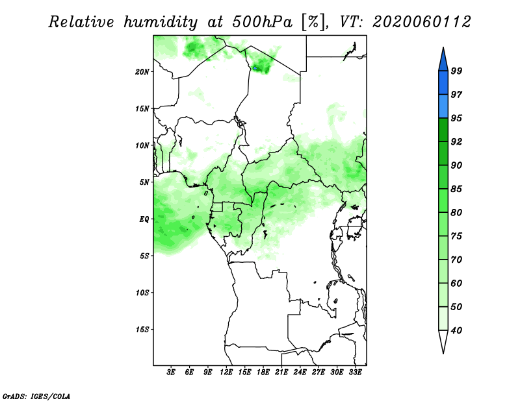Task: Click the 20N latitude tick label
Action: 142,72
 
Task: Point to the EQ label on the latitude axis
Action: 144,219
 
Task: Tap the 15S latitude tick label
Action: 142,330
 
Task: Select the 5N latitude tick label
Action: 144,182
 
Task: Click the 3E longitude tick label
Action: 171,372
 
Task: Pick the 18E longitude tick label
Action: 263,372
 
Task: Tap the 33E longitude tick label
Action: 355,372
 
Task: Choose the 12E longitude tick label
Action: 226,372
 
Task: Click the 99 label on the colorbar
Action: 456,71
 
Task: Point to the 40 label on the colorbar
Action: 456,330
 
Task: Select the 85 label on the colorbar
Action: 456,189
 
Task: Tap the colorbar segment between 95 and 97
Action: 443,106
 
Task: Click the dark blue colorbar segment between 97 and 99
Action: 443,83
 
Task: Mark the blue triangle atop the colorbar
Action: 443,61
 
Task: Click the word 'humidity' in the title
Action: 161,22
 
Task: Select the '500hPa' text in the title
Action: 263,22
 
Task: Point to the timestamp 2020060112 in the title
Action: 421,22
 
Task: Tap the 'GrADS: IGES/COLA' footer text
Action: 36,396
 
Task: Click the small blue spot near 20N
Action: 255,68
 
